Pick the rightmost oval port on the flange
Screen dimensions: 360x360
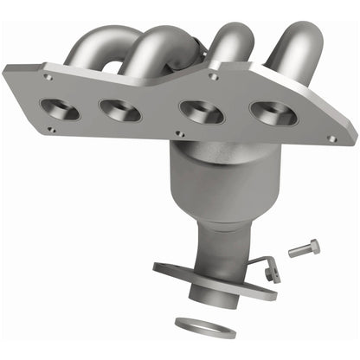269,114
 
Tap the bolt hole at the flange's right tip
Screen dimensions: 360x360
332,138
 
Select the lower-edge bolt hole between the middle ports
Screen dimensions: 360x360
177,135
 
